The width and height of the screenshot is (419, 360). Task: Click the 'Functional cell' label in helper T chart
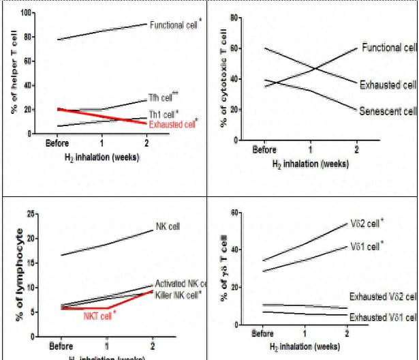pyautogui.click(x=173, y=23)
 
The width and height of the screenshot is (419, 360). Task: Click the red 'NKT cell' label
pyautogui.click(x=98, y=314)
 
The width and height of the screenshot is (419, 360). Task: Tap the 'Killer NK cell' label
pyautogui.click(x=176, y=294)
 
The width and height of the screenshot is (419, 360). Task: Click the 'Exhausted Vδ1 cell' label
pyautogui.click(x=382, y=317)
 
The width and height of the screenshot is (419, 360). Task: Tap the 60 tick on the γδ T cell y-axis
pyautogui.click(x=233, y=213)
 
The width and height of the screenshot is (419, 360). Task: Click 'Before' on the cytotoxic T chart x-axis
pyautogui.click(x=264, y=149)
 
